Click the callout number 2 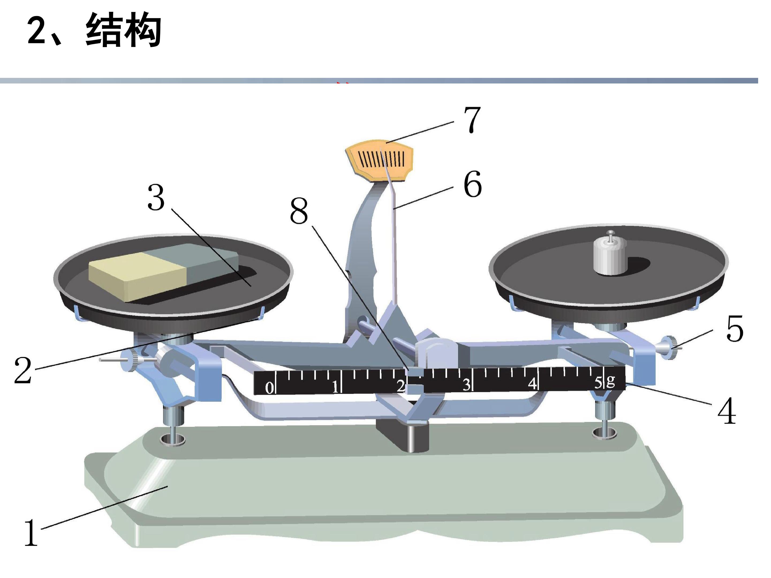click(23, 370)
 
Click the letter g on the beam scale click(610, 381)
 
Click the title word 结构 click(123, 30)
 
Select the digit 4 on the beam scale click(532, 383)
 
